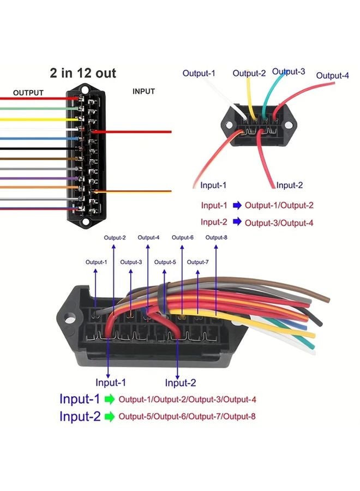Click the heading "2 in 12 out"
83,73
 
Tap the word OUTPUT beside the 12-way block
28,93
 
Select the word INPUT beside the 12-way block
143,92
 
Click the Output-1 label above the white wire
199,73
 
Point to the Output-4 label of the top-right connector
332,75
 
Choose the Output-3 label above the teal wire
289,71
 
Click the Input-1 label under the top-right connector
213,185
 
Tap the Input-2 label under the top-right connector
289,185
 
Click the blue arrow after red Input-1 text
237,206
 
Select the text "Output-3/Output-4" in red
279,223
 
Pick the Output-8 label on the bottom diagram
217,237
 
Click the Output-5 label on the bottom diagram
165,262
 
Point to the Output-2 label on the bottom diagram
115,237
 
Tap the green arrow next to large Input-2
110,417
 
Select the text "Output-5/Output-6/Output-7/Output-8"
187,417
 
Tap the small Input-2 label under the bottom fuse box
180,382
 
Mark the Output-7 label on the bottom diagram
198,262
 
